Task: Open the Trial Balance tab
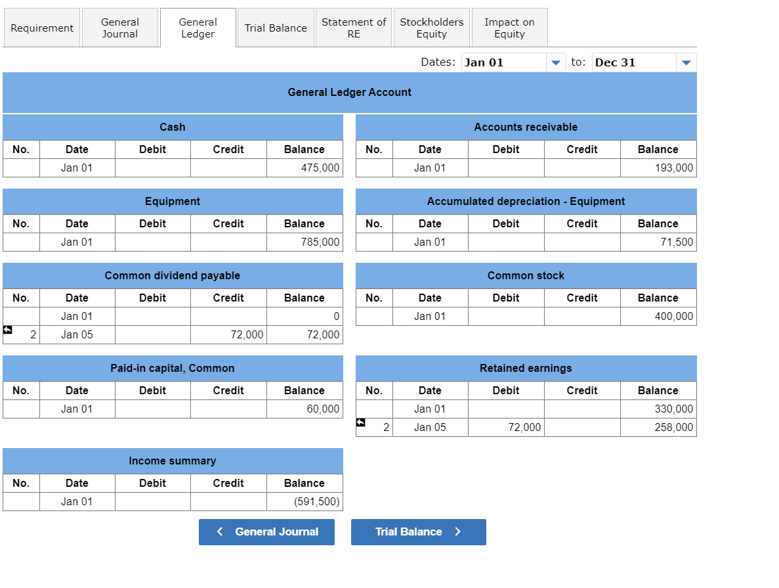(276, 28)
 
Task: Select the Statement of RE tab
(354, 28)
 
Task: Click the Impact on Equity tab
(509, 28)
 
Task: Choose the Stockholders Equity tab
(432, 28)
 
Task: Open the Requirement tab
(42, 28)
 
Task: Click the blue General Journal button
(266, 532)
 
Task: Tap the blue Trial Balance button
(418, 532)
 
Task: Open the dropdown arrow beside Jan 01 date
(555, 63)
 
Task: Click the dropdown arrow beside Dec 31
(686, 63)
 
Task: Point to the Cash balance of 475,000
(320, 168)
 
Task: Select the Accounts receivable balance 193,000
(673, 168)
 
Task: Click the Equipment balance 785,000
(320, 242)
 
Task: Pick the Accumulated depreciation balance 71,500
(677, 242)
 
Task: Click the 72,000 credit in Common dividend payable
(247, 335)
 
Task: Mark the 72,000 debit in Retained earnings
(524, 428)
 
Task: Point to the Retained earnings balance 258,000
(673, 428)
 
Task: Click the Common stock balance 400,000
(673, 317)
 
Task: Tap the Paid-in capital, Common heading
(173, 369)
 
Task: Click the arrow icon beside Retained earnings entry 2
(360, 422)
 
